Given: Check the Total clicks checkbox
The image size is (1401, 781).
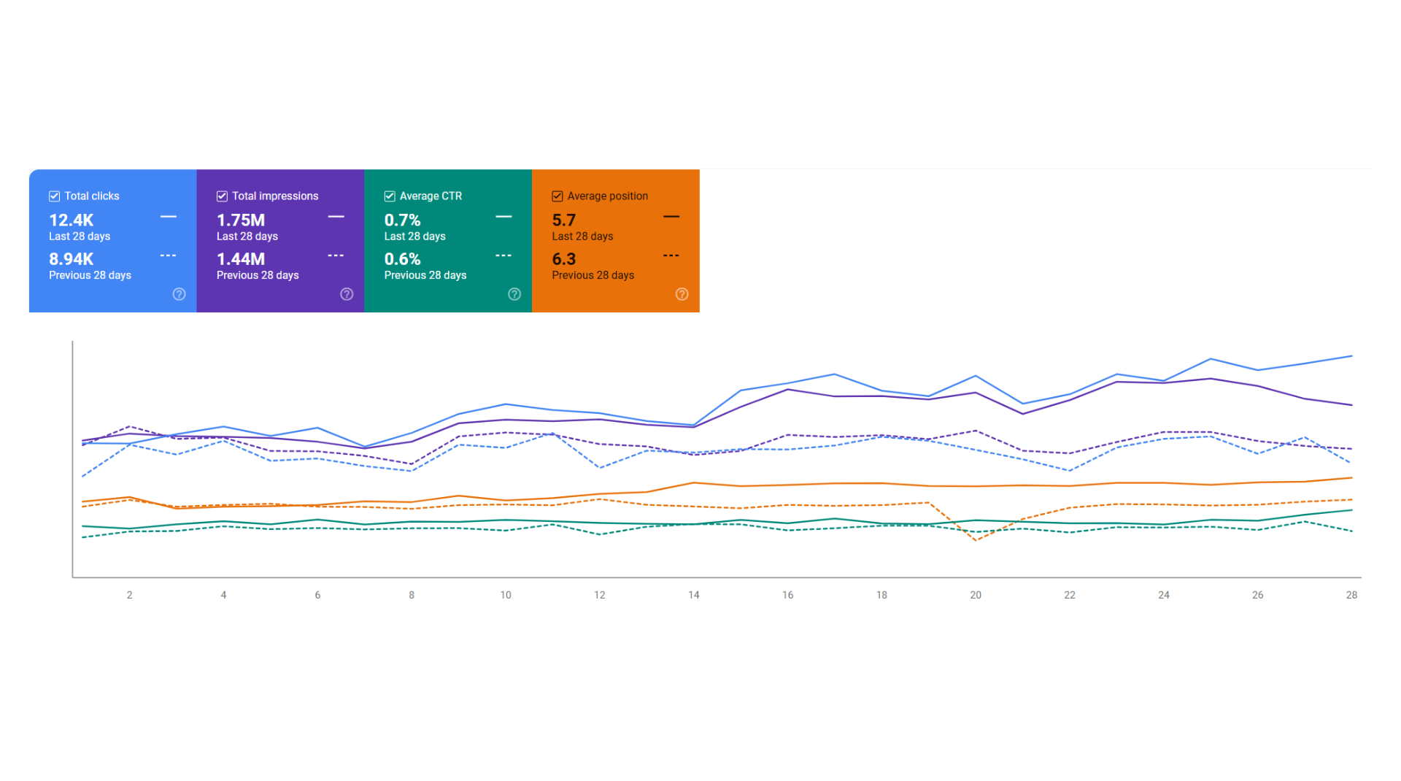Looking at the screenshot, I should coord(54,196).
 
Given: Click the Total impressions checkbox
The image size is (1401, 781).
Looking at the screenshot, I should coord(222,196).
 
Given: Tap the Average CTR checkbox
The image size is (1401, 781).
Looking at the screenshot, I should coord(390,196).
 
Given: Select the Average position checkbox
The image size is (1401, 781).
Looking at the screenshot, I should coord(557,196).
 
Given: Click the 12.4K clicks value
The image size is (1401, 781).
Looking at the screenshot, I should coord(72,220).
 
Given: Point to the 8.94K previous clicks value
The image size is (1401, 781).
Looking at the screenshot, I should coord(72,259).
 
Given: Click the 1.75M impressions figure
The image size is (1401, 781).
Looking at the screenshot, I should coord(241,220).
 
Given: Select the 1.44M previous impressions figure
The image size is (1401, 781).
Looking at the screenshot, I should coord(241,259).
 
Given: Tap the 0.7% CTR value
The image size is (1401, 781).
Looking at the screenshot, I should coord(403,220).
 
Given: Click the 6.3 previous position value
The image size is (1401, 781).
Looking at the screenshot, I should coord(564,259).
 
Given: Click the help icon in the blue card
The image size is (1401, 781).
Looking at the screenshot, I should coord(179,294).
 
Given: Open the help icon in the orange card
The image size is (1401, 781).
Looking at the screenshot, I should coord(682,294).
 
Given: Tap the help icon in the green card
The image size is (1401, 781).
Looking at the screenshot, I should coord(514,294).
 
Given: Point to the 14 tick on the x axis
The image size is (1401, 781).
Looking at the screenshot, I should coord(694,595).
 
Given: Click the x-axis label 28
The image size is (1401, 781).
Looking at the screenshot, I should coord(1351,595).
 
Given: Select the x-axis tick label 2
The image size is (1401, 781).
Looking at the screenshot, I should coord(129,595).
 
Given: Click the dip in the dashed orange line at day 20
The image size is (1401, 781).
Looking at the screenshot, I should coord(976,540).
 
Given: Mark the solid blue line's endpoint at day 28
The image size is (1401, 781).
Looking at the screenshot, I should coord(1351,356).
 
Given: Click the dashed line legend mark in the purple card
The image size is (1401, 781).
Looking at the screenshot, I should coord(336,255).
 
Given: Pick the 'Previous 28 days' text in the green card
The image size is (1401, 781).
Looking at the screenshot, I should coord(425,275).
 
